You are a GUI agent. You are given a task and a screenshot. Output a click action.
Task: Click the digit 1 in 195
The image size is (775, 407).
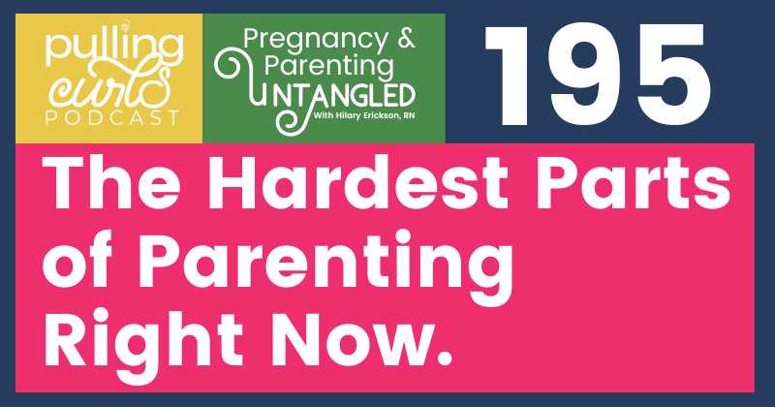(x=514, y=76)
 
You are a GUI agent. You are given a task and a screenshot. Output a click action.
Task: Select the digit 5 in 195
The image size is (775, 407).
(x=672, y=76)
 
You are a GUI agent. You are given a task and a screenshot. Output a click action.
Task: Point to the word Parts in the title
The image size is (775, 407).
(x=634, y=182)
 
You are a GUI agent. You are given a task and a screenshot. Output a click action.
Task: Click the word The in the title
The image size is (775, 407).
(x=111, y=182)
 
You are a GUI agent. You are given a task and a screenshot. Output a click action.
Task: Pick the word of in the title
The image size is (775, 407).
(x=82, y=260)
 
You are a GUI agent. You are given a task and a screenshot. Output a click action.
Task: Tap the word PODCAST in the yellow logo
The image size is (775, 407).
(x=112, y=117)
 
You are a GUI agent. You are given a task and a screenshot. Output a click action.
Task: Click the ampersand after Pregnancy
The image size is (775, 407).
(x=407, y=39)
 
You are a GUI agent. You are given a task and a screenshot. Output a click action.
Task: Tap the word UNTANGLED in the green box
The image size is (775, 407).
(x=332, y=96)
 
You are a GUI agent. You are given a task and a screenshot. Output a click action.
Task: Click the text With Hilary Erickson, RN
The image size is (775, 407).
(x=364, y=116)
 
